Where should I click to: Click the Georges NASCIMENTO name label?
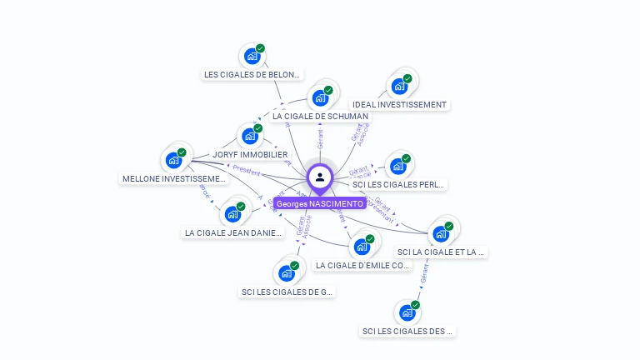320,203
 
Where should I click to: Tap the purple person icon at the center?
320,177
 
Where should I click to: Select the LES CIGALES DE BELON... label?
252,74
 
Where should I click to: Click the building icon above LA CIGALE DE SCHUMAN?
319,97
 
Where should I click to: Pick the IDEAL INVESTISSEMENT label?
399,105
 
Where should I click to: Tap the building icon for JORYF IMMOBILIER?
249,136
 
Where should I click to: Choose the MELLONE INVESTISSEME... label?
174,178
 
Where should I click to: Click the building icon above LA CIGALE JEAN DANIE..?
232,213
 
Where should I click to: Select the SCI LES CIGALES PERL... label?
398,184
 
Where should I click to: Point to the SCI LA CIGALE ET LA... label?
441,252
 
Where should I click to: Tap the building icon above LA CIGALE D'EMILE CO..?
362,247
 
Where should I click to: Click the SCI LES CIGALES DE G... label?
287,292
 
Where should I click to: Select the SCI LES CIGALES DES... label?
407,331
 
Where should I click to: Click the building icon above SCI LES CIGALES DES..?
407,312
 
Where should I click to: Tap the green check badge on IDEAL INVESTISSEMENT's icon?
407,78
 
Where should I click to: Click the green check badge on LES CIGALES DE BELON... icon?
260,49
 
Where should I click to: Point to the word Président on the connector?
247,170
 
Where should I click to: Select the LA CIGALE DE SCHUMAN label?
319,117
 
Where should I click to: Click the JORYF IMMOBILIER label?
250,154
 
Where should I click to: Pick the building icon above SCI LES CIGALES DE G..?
286,273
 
